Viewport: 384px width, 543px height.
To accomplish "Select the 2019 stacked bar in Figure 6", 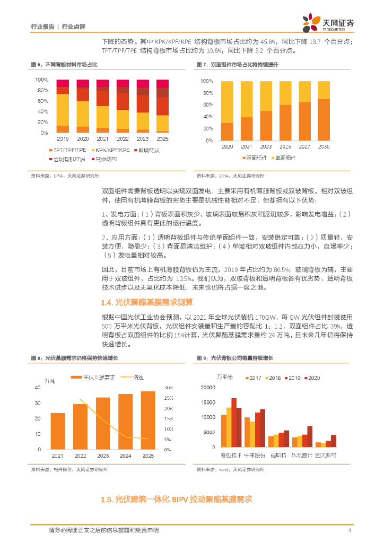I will [63, 106].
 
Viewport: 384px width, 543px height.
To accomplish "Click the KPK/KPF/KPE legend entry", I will [112, 151].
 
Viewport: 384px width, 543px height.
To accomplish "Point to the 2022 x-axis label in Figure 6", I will [123, 139].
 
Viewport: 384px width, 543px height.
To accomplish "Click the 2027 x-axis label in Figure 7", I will [304, 146].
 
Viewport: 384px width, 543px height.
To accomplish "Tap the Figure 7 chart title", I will [237, 64].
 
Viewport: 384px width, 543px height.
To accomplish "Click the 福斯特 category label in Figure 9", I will [278, 456].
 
